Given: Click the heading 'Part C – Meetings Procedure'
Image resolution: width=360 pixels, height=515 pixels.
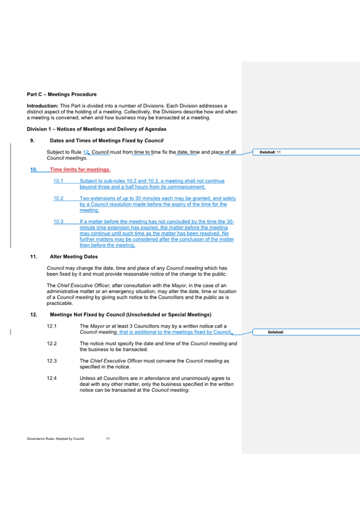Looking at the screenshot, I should pos(62,94).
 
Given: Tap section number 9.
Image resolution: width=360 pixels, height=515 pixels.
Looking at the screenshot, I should pos(32,140).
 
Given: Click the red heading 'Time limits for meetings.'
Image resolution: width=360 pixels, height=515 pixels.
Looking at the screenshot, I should pos(80,169).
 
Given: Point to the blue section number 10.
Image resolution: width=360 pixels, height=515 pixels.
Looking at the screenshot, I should pos(33,169).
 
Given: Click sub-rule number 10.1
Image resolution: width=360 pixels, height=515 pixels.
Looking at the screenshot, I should pos(58,181).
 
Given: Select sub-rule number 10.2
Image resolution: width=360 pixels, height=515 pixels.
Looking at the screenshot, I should pos(58,198).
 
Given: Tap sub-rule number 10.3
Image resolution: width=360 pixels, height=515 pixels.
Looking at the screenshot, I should pos(58,221).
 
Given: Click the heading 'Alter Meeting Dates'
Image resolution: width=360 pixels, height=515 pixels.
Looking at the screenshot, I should pos(73,256).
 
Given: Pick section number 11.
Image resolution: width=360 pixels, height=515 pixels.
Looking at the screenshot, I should pos(33,256).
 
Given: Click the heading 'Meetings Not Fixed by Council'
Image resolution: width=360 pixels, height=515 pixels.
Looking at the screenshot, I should pos(130,314).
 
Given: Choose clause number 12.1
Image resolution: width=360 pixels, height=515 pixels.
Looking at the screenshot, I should pos(52,326).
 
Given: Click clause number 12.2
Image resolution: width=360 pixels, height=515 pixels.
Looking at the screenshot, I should pos(52,343).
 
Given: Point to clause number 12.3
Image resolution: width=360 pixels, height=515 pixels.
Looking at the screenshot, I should pos(52,360).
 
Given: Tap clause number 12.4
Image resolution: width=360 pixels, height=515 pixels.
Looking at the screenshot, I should pos(52,378).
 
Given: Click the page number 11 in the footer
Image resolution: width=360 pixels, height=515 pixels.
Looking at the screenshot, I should pos(108,438).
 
